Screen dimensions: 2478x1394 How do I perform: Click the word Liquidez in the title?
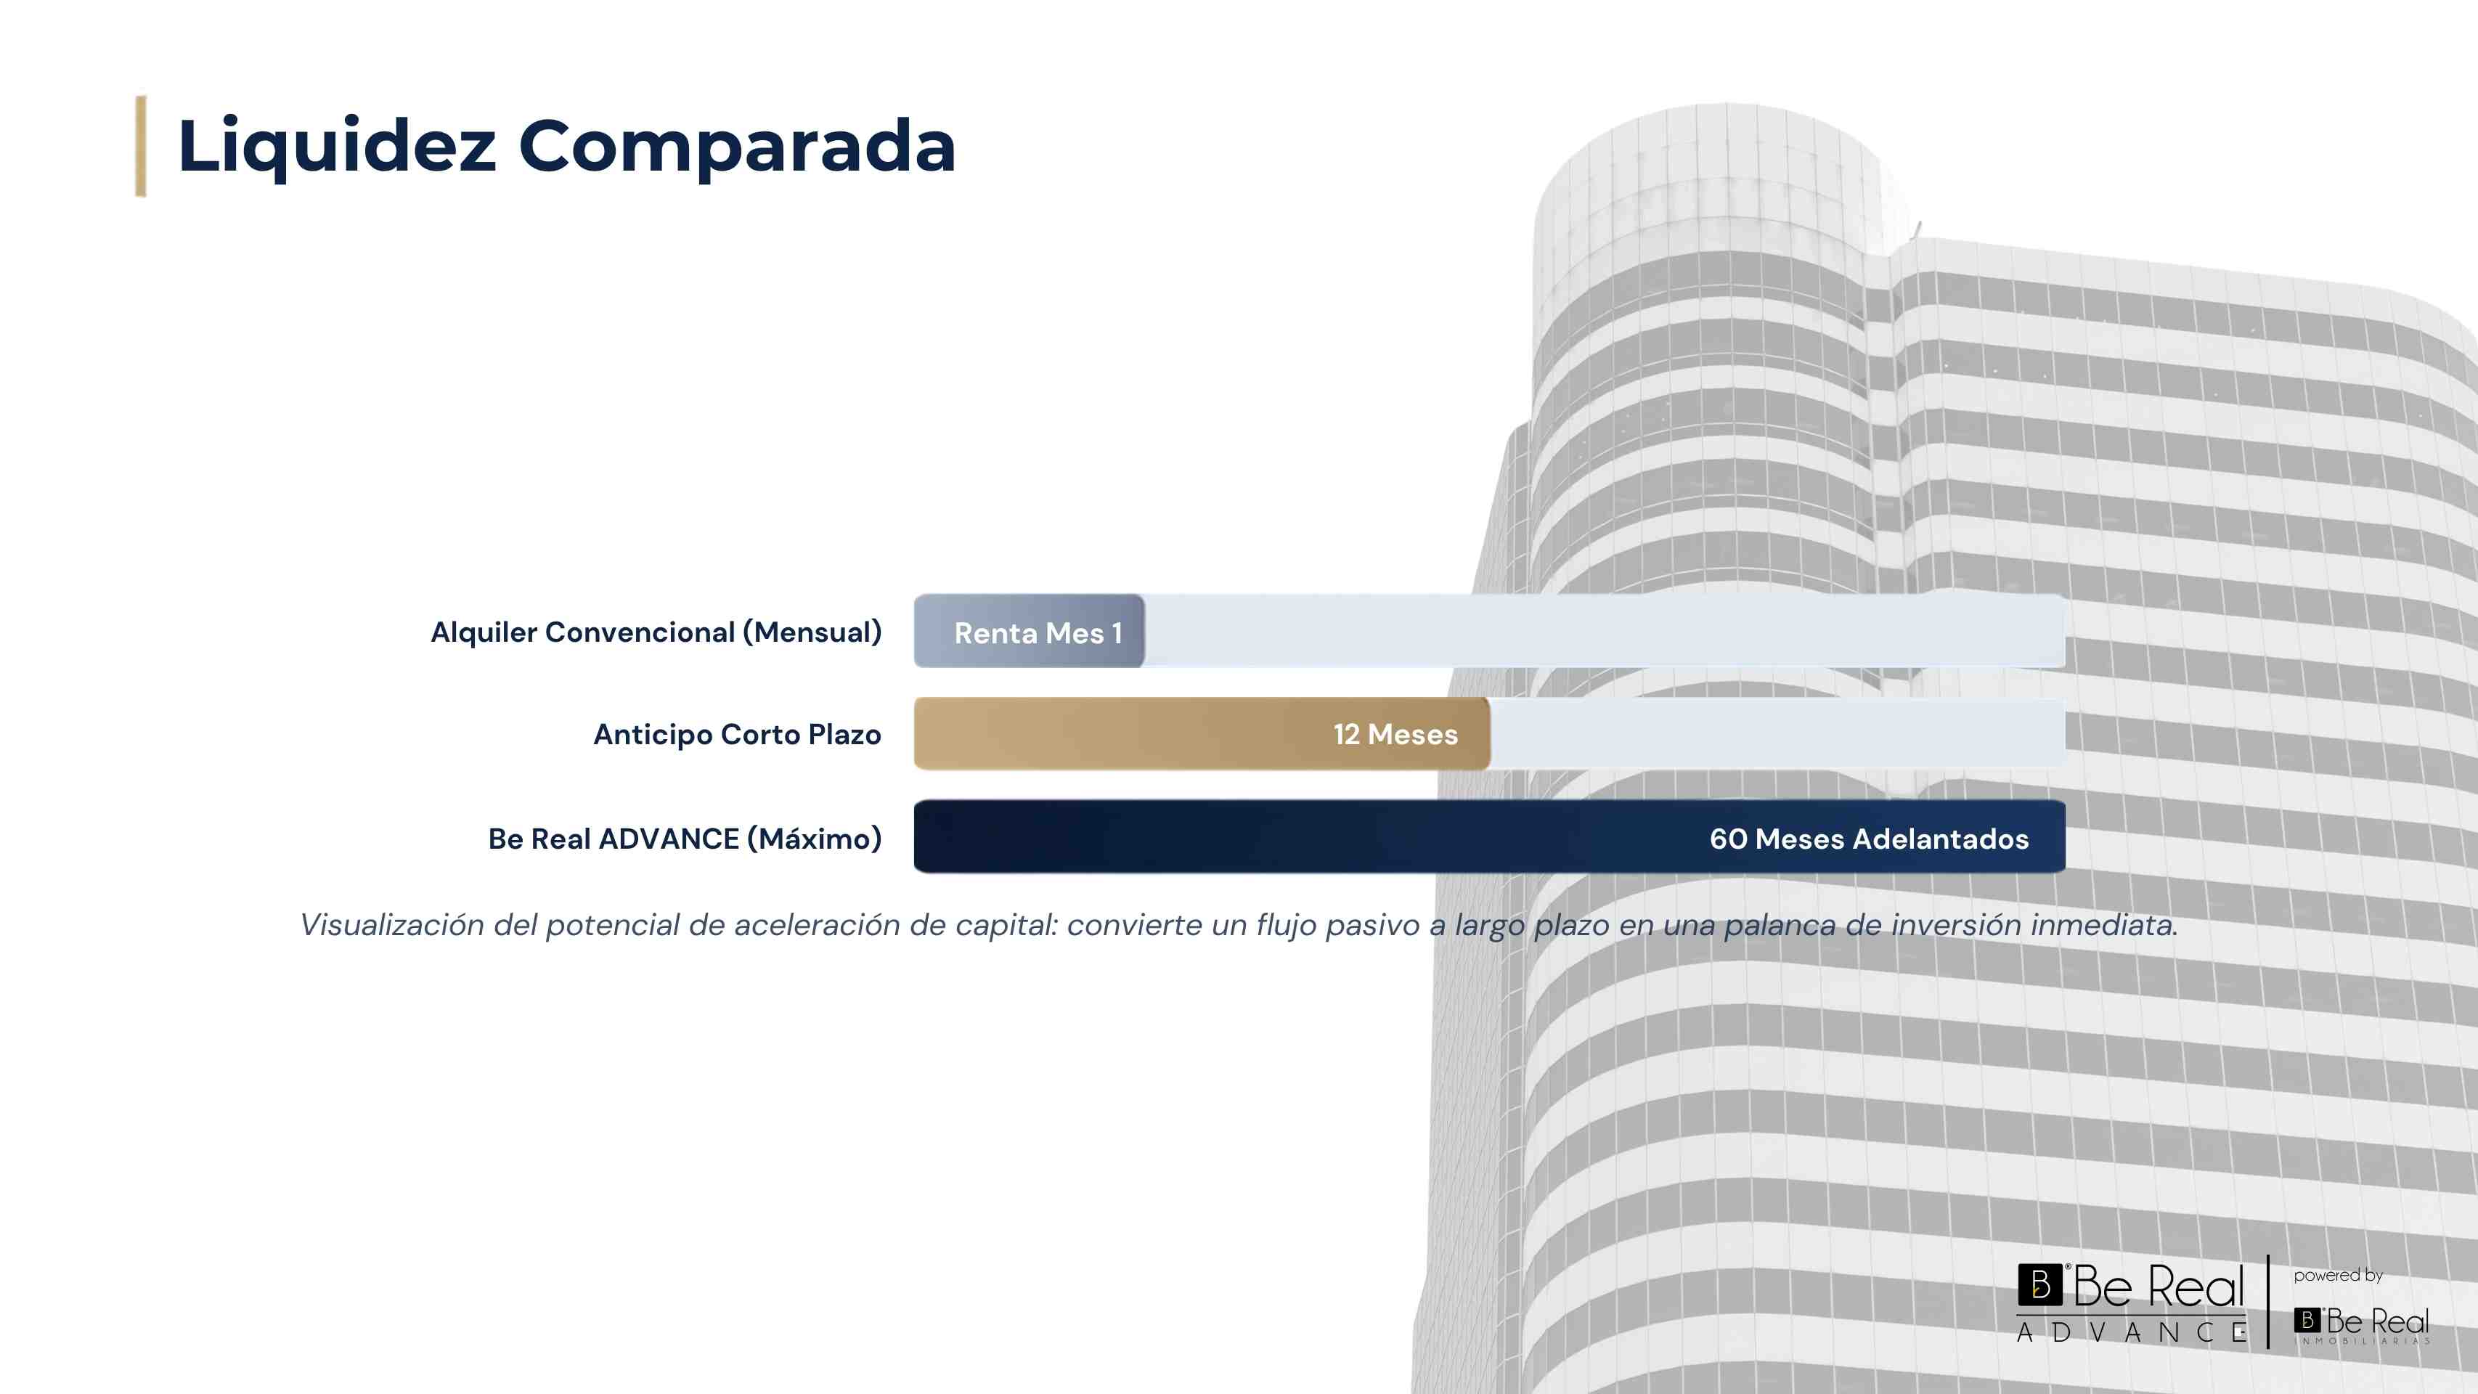337,146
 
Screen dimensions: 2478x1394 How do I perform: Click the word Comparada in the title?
737,146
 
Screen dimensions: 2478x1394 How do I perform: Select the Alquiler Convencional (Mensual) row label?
656,632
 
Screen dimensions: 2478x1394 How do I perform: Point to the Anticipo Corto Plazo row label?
737,734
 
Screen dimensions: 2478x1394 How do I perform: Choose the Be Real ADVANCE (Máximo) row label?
685,838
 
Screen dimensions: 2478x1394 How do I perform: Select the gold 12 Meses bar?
1202,734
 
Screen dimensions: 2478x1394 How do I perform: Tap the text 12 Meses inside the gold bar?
1395,734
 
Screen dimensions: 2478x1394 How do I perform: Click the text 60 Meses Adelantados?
1868,838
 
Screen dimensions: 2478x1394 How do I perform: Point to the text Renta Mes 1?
1038,633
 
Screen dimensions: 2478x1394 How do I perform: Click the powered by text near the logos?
2338,1276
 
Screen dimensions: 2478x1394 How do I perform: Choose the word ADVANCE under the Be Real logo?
2132,1332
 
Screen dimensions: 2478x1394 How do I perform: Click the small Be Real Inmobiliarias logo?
2362,1325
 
